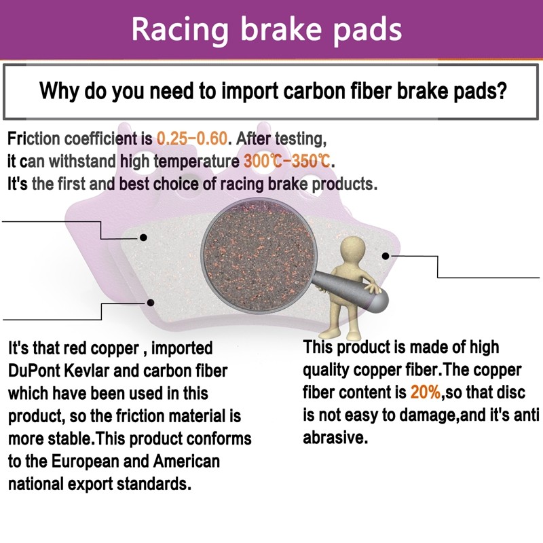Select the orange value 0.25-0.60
tap(192, 138)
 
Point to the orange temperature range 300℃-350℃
tap(287, 161)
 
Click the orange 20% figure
tap(426, 392)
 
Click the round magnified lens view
tap(259, 256)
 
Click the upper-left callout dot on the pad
tap(143, 238)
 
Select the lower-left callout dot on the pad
tap(150, 303)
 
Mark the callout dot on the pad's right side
tap(386, 256)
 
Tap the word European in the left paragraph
tap(86, 462)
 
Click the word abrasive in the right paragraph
tap(334, 438)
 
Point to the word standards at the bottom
tap(153, 484)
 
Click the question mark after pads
tap(502, 91)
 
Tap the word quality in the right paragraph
tap(326, 371)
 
